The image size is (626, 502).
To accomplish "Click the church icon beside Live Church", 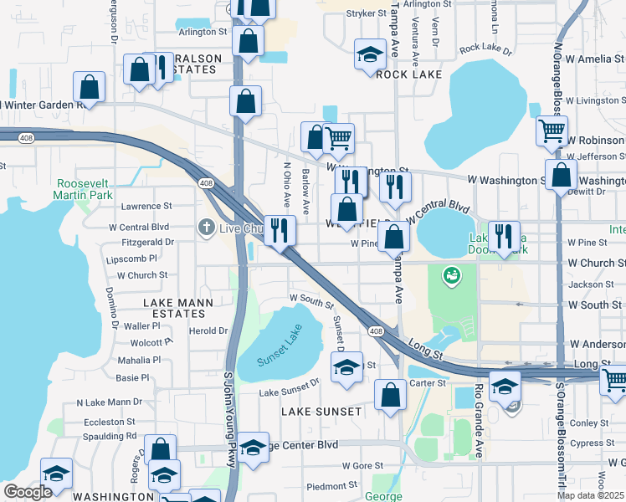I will pyautogui.click(x=207, y=228).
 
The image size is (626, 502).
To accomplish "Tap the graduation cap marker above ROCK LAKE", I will pyautogui.click(x=370, y=55).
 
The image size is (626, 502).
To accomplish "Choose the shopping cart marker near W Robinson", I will pyautogui.click(x=552, y=131).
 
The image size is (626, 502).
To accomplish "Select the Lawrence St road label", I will pyautogui.click(x=146, y=206).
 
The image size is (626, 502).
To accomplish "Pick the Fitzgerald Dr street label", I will pyautogui.click(x=147, y=242).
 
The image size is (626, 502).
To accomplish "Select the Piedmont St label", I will pyautogui.click(x=332, y=486).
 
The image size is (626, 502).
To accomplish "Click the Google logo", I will pyautogui.click(x=28, y=492).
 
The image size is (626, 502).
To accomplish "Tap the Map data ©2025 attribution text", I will pyautogui.click(x=590, y=495).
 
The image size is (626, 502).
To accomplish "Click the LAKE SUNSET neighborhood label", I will pyautogui.click(x=321, y=412).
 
